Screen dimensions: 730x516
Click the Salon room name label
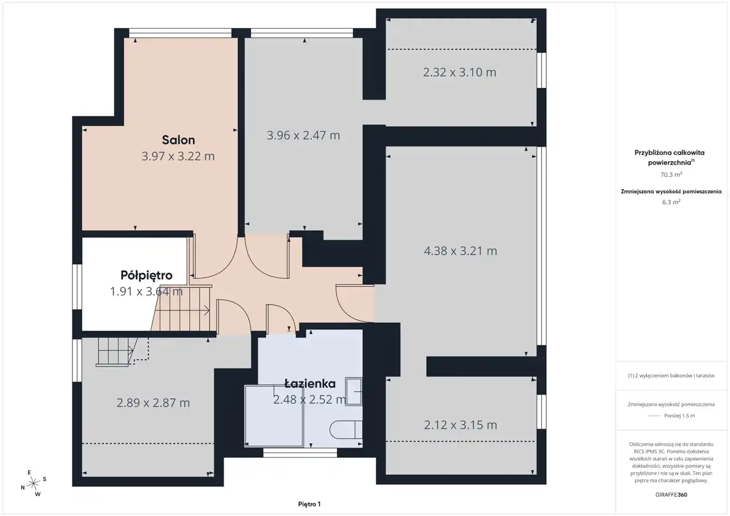click(x=179, y=140)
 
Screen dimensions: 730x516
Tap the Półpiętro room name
click(x=147, y=275)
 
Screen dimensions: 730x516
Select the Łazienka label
click(x=310, y=383)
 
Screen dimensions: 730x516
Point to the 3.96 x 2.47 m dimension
click(x=303, y=135)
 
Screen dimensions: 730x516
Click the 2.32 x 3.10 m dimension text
click(x=460, y=72)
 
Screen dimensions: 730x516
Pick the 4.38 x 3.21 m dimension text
click(x=460, y=251)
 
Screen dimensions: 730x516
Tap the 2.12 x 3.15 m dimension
click(x=460, y=425)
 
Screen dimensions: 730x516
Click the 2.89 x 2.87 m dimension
click(x=153, y=403)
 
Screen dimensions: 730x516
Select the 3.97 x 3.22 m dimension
click(x=178, y=156)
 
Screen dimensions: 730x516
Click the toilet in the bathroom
click(x=346, y=430)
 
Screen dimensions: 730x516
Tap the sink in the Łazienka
click(x=354, y=392)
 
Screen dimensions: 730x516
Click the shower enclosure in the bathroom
click(x=274, y=416)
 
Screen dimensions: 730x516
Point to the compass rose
click(x=33, y=484)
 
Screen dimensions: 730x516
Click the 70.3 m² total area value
click(x=671, y=174)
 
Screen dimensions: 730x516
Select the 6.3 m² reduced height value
click(x=671, y=202)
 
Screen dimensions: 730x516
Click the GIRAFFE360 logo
click(x=671, y=494)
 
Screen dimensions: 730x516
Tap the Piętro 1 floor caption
click(x=309, y=504)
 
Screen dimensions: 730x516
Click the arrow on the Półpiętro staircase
click(x=182, y=310)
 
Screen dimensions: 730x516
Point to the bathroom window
click(x=300, y=453)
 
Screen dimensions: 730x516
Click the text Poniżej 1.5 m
click(x=679, y=416)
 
